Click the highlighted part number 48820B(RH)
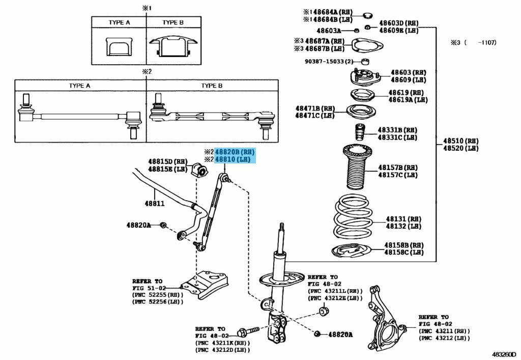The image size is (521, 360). coord(235,152)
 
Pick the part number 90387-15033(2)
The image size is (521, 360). coord(329,62)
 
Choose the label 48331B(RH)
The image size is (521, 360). coord(397,130)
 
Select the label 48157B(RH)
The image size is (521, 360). coord(397,167)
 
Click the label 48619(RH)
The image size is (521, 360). coord(406,93)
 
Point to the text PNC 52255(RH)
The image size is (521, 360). coord(158,295)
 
